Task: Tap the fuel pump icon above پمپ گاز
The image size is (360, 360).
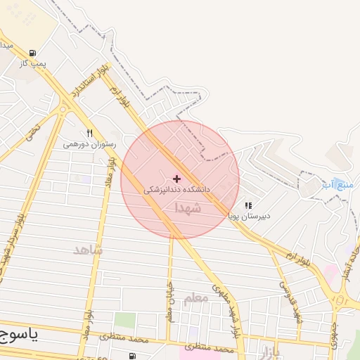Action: click(x=32, y=53)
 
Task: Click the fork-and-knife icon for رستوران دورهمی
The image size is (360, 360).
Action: click(x=89, y=132)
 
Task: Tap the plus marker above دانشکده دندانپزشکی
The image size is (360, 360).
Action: click(x=176, y=179)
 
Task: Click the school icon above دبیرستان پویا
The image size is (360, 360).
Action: click(x=247, y=205)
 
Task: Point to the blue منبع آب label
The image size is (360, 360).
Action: click(x=336, y=185)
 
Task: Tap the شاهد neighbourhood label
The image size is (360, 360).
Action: click(x=88, y=250)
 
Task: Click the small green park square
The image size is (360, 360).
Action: click(x=124, y=321)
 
